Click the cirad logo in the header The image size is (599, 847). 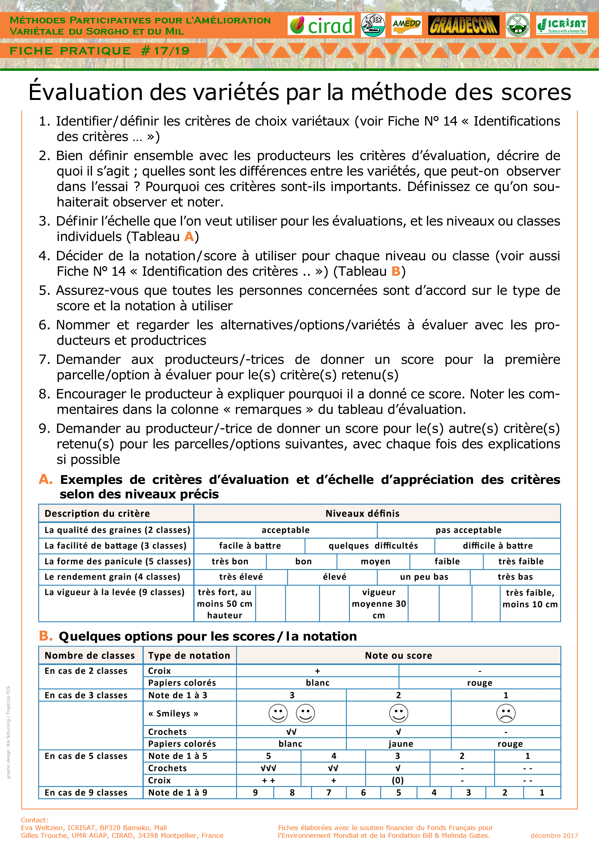pyautogui.click(x=321, y=25)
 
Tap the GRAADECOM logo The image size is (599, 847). pyautogui.click(x=464, y=25)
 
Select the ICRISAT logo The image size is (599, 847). pyautogui.click(x=561, y=25)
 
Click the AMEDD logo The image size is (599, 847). pyautogui.click(x=406, y=25)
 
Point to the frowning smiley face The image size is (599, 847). pyautogui.click(x=506, y=713)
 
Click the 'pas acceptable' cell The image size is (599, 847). pyautogui.click(x=468, y=530)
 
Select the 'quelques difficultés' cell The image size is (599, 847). pyautogui.click(x=373, y=546)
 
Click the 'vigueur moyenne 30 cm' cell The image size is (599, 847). pyautogui.click(x=379, y=604)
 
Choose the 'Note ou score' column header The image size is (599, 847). pyautogui.click(x=399, y=656)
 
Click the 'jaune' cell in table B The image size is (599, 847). pyautogui.click(x=400, y=744)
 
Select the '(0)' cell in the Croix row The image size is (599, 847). pyautogui.click(x=398, y=780)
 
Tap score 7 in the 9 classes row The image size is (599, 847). pyautogui.click(x=328, y=792)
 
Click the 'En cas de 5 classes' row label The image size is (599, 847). pyautogui.click(x=86, y=756)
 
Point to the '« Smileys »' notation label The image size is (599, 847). pyautogui.click(x=173, y=713)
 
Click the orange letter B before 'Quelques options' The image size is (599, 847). pyautogui.click(x=45, y=636)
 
